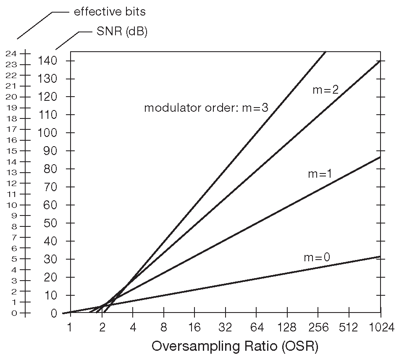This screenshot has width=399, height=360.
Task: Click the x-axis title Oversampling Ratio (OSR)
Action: coord(235,347)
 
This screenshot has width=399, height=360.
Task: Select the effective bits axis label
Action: coord(110,12)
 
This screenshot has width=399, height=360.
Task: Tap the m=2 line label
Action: coord(325,89)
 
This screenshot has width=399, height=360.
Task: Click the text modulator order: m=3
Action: coord(206,108)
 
